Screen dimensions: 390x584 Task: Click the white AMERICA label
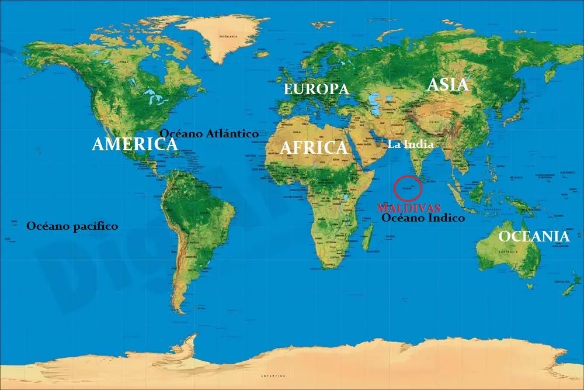tap(135, 144)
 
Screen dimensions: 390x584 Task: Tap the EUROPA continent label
tap(316, 89)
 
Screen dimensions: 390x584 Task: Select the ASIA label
tap(448, 85)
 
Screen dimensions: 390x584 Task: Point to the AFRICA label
tap(313, 147)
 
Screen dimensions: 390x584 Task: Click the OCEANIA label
tap(533, 236)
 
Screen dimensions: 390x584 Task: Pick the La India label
tap(411, 144)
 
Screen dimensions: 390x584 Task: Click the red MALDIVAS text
tap(409, 208)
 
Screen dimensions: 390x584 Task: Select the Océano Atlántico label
tap(208, 133)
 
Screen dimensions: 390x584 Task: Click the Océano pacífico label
tap(72, 226)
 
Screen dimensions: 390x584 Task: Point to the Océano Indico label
tap(423, 218)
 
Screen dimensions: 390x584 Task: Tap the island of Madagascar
tap(368, 237)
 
